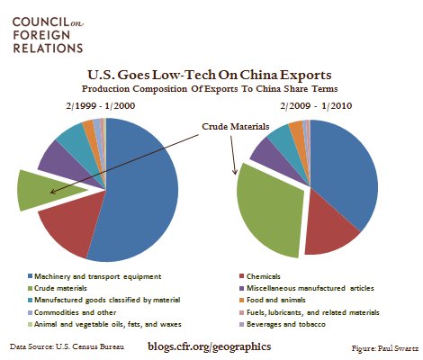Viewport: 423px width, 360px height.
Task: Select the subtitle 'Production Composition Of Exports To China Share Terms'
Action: point(211,90)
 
